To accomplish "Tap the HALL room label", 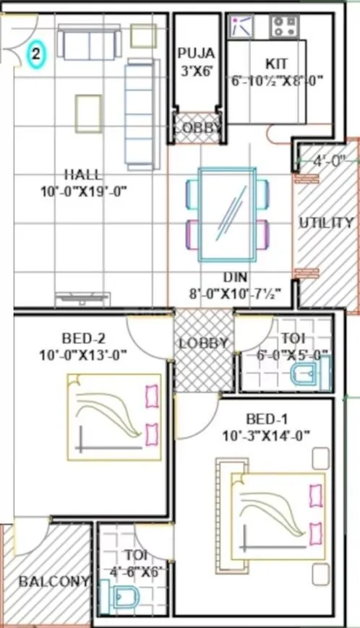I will (83, 174).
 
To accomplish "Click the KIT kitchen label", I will (275, 64).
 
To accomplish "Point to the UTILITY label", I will (325, 223).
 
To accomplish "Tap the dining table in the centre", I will (228, 214).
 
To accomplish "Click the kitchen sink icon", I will (241, 27).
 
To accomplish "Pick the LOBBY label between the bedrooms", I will (204, 344).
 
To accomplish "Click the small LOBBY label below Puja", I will (197, 128).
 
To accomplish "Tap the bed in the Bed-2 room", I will (115, 417).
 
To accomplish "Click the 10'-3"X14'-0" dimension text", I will (267, 435).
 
